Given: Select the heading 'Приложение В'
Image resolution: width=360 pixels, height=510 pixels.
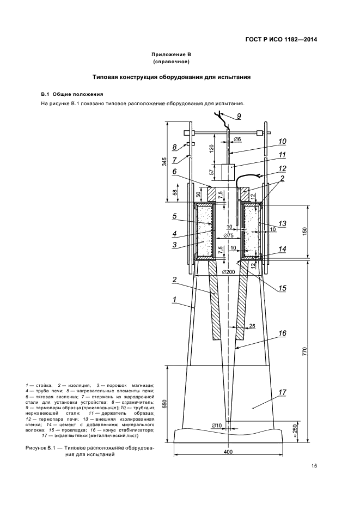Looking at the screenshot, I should coord(170,54).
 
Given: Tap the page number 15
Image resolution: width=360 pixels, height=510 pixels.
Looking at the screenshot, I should coord(314,465).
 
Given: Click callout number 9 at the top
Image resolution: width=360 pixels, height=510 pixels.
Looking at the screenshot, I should coord(238,116).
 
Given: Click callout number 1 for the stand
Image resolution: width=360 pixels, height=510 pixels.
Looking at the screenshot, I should coord(174,299).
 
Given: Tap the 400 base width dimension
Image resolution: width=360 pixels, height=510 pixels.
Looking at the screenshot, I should coord(228,452).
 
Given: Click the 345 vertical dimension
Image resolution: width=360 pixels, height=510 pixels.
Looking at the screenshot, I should coord(165,162).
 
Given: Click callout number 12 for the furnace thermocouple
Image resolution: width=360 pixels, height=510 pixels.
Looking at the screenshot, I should coord(282,168).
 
